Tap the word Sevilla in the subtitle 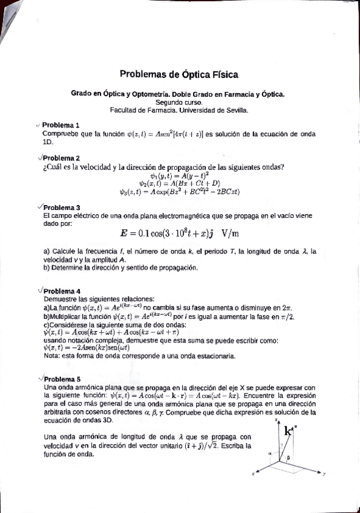point(235,110)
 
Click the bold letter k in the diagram point(287,430)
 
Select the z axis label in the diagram point(276,419)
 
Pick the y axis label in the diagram point(326,474)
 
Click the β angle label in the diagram point(289,458)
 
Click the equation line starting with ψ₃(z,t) point(180,192)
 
